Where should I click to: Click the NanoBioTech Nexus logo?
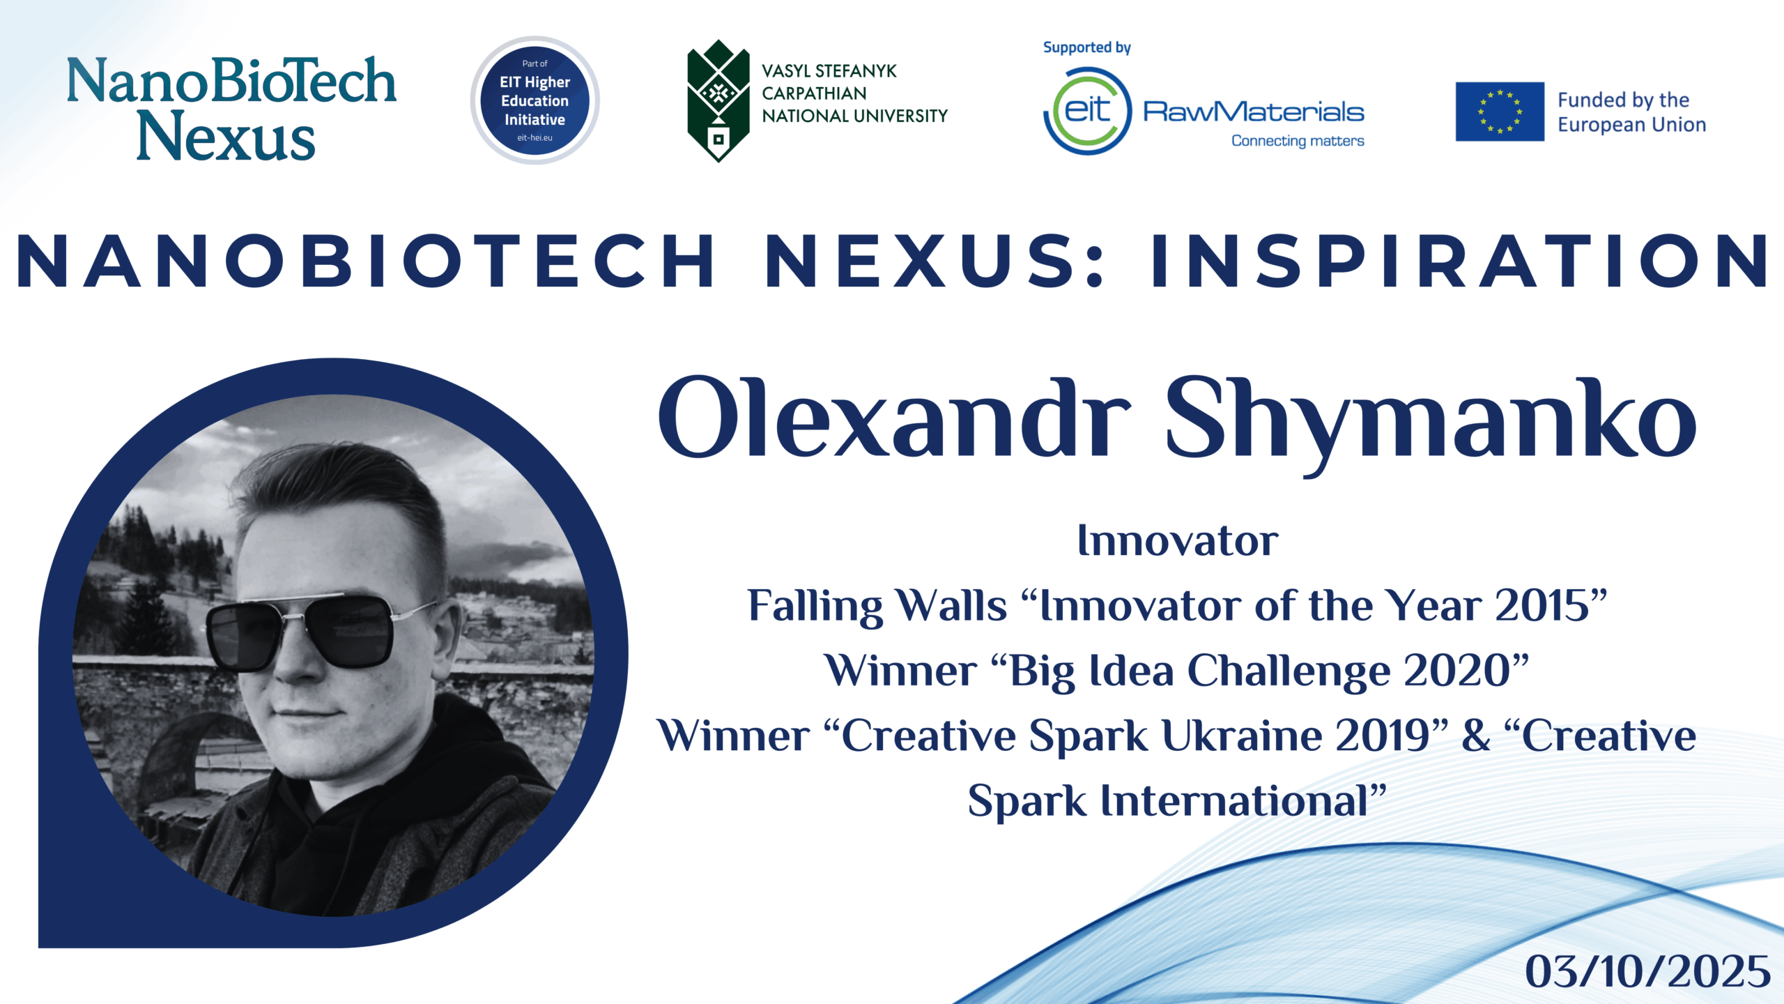[x=231, y=108]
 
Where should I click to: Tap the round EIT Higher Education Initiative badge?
[x=535, y=100]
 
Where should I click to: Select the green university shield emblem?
[x=718, y=101]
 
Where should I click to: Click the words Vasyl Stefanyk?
[x=829, y=71]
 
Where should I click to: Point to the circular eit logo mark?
[x=1088, y=111]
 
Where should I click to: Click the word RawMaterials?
[x=1253, y=112]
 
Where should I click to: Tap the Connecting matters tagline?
[x=1298, y=141]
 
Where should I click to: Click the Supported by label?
[x=1086, y=47]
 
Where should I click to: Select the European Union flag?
[x=1500, y=112]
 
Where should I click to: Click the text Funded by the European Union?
[x=1631, y=112]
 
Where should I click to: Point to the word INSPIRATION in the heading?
[x=1459, y=261]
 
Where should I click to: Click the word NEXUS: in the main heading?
[x=934, y=261]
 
